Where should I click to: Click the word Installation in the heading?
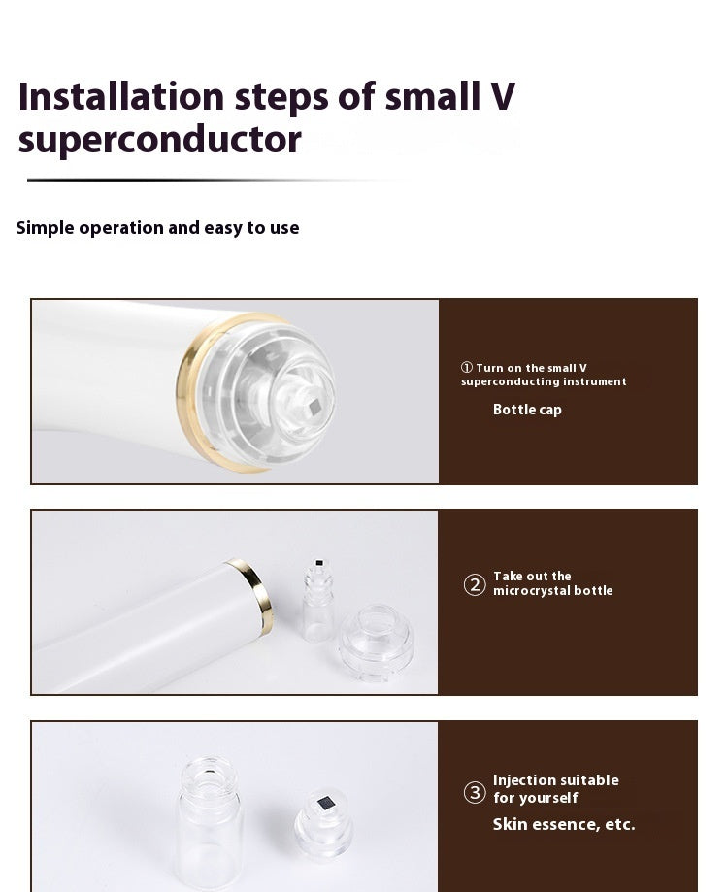(x=120, y=97)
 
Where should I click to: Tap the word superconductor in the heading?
(x=159, y=140)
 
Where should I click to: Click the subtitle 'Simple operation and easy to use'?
(x=157, y=228)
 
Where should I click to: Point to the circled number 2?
(x=475, y=584)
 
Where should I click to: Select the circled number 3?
(x=475, y=793)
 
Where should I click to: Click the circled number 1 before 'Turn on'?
(x=467, y=368)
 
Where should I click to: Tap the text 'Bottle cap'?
(x=527, y=410)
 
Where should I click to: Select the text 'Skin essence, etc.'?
(x=563, y=825)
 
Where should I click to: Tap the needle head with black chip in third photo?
(x=322, y=821)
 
